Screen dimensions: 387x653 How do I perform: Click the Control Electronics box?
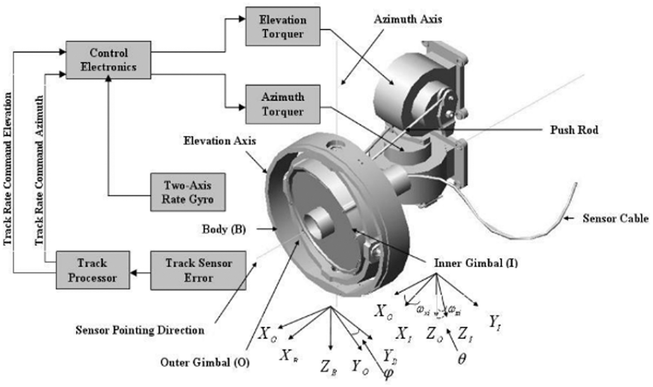coord(108,60)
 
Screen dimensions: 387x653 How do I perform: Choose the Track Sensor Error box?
coord(198,271)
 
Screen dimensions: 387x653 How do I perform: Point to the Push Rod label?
coord(574,131)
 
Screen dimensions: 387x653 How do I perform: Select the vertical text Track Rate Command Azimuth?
coord(39,170)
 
